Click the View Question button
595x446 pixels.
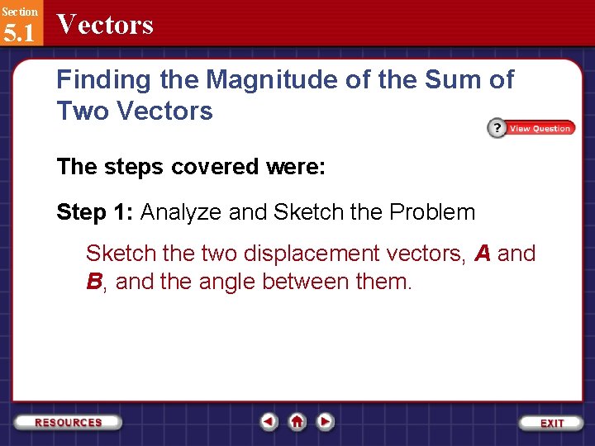pyautogui.click(x=540, y=128)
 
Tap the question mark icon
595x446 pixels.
pyautogui.click(x=496, y=128)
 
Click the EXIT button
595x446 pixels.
pyautogui.click(x=552, y=422)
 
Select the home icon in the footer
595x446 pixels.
pyautogui.click(x=297, y=421)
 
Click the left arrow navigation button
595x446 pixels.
pyautogui.click(x=269, y=421)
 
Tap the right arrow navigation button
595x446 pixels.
pyautogui.click(x=326, y=421)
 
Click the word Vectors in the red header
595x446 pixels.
pyautogui.click(x=105, y=25)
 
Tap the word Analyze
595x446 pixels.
pyautogui.click(x=181, y=212)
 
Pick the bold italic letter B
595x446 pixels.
pyautogui.click(x=94, y=282)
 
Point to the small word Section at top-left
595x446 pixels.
pyautogui.click(x=19, y=12)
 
